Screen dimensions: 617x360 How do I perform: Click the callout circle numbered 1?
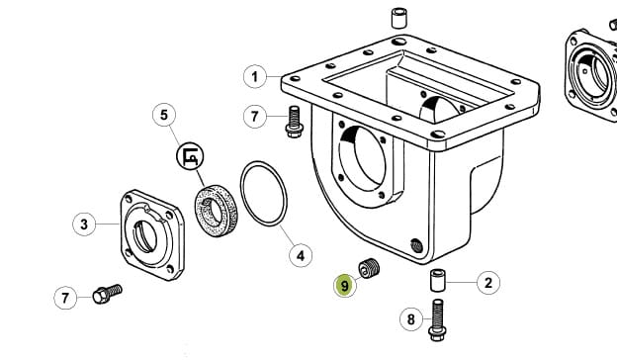(255, 77)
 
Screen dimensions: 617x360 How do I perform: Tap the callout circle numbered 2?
(488, 283)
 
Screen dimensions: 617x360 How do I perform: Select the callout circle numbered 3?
(84, 225)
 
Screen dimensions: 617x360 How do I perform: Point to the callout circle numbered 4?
(301, 256)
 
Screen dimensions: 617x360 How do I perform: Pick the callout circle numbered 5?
(164, 115)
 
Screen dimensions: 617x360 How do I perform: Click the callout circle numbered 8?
(411, 319)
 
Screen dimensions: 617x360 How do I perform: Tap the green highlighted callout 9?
(345, 285)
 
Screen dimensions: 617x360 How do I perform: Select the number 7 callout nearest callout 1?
(255, 117)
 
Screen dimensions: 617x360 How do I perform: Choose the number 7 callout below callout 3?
(65, 298)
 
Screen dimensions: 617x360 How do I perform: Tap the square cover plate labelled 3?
(152, 234)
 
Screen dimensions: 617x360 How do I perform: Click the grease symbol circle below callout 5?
(190, 156)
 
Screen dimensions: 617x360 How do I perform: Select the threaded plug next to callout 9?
(369, 268)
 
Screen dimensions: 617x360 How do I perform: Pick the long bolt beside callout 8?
(437, 319)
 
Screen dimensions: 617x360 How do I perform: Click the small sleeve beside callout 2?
(437, 280)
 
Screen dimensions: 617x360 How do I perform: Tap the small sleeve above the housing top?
(399, 18)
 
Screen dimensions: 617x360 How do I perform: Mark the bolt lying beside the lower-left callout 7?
(107, 294)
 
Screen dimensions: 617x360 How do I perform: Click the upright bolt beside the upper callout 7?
(294, 122)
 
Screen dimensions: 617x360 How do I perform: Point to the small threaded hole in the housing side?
(416, 246)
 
